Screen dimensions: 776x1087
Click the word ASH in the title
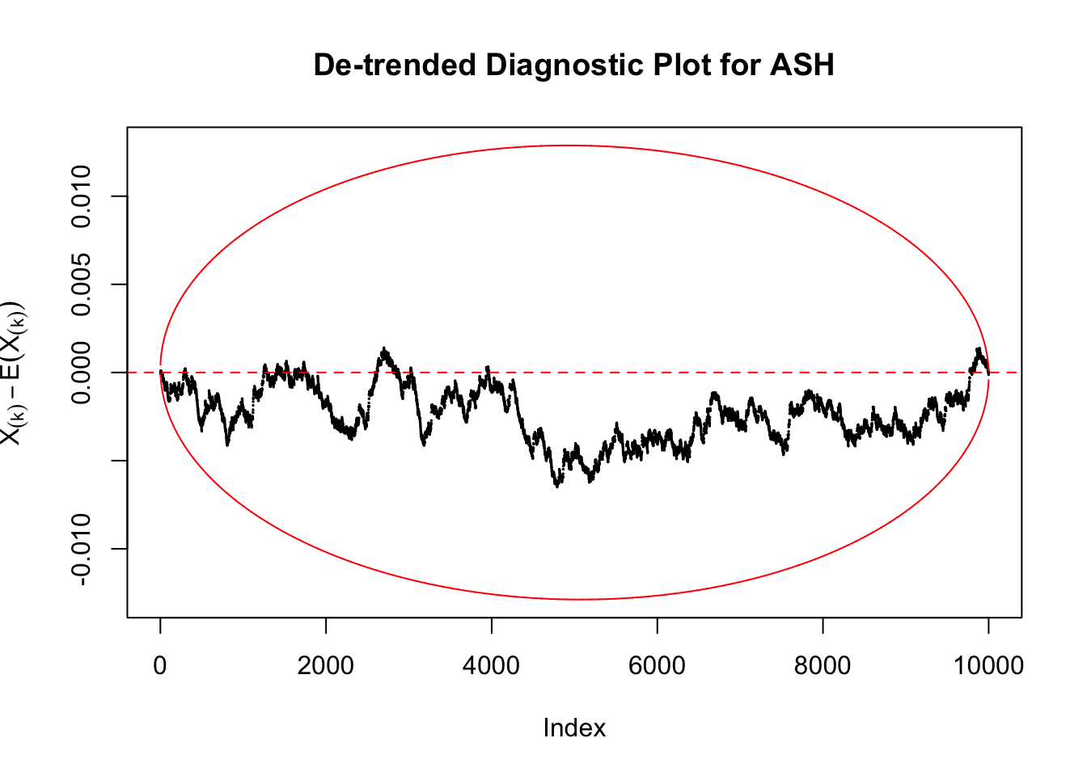[802, 65]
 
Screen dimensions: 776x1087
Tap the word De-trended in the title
[395, 65]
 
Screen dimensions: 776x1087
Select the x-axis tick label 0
[160, 666]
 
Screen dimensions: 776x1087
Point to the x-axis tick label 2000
[326, 666]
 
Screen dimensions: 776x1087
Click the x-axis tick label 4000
[492, 666]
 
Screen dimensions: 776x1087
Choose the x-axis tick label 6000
[657, 666]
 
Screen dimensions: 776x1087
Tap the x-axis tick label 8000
[823, 666]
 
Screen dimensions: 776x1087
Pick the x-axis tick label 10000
[988, 666]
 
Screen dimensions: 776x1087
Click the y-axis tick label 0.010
[82, 196]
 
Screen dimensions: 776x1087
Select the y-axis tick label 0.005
[82, 285]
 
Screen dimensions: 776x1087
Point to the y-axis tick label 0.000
[82, 373]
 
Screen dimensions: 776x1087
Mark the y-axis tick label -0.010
[82, 549]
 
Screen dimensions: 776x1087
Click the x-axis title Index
[574, 728]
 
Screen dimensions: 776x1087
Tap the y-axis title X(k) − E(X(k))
[14, 373]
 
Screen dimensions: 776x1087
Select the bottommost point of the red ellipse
[581, 599]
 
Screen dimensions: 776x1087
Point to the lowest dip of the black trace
[557, 486]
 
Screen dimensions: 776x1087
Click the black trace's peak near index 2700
[384, 349]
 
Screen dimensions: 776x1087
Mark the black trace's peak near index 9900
[979, 349]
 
